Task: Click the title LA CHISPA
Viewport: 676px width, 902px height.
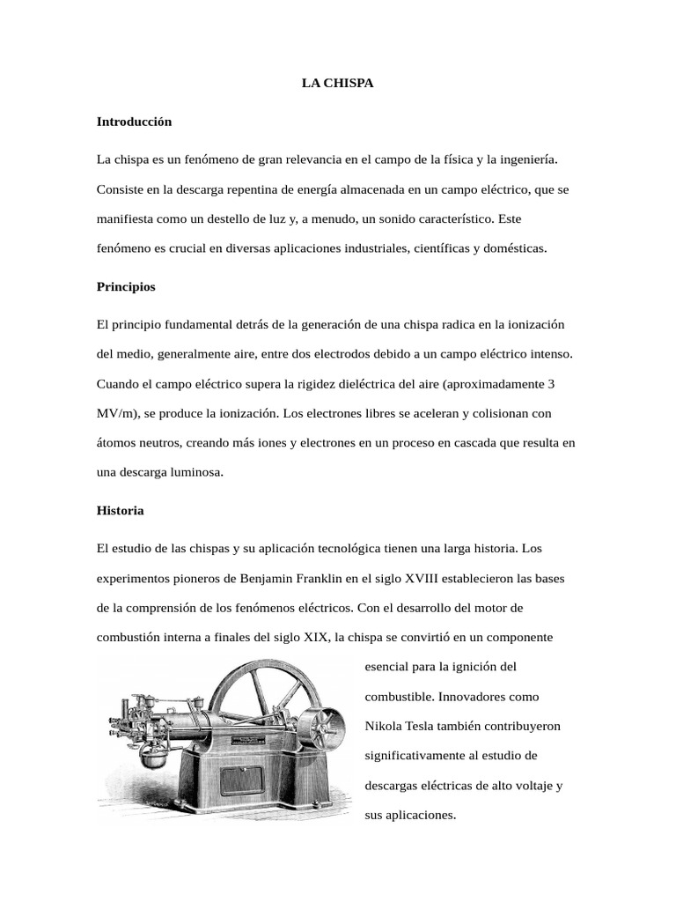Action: pyautogui.click(x=337, y=83)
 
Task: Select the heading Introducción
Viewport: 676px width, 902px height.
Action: pyautogui.click(x=134, y=122)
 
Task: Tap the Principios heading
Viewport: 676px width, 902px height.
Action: pyautogui.click(x=126, y=287)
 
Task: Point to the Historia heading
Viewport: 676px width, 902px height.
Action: pyautogui.click(x=120, y=511)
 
